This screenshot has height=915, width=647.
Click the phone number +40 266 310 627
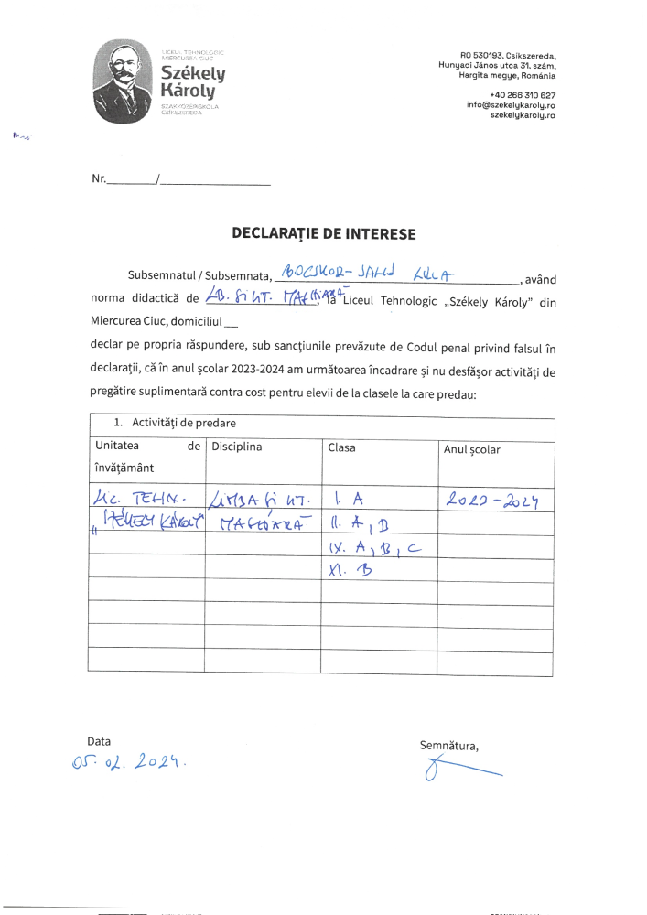pyautogui.click(x=522, y=94)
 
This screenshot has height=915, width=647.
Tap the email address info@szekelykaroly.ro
pyautogui.click(x=511, y=105)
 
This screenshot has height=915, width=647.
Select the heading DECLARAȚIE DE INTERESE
pyautogui.click(x=323, y=234)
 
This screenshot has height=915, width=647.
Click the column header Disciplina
pyautogui.click(x=237, y=447)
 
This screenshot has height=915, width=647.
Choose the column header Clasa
pyautogui.click(x=341, y=447)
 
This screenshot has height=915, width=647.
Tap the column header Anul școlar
pyautogui.click(x=472, y=449)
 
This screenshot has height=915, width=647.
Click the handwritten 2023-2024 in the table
pyautogui.click(x=491, y=499)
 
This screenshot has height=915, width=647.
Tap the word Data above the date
pyautogui.click(x=99, y=740)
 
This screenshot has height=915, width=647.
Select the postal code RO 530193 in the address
pyautogui.click(x=481, y=55)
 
